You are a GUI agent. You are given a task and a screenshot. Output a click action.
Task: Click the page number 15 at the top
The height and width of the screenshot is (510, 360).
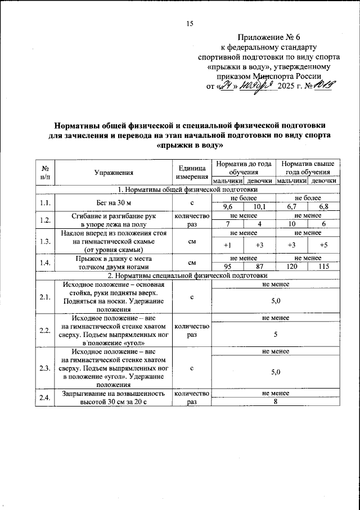tap(189, 23)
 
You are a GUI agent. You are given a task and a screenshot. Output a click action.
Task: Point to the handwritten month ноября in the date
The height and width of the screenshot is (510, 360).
tap(256, 87)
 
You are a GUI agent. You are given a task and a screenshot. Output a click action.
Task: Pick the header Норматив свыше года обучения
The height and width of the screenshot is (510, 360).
tap(307, 168)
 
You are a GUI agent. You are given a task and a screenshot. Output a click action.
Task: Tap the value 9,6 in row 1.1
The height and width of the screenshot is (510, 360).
tap(227, 207)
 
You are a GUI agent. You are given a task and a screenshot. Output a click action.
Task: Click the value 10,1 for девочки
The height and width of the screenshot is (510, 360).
tap(259, 207)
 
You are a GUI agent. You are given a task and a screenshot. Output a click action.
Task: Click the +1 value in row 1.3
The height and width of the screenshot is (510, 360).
tap(227, 245)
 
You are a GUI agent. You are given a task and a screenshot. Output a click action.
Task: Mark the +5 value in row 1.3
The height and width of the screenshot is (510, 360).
tap(323, 245)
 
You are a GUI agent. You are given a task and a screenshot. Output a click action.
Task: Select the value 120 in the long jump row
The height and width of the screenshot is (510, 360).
tap(291, 267)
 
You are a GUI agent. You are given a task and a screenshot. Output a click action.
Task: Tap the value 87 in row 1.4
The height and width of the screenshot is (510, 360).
tap(259, 267)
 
